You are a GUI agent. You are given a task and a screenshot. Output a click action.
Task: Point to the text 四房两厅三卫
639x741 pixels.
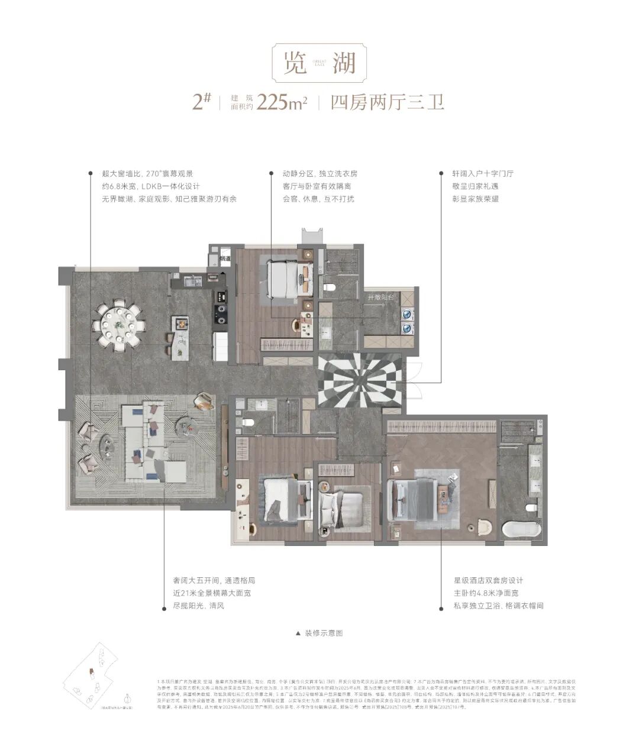(x=388, y=102)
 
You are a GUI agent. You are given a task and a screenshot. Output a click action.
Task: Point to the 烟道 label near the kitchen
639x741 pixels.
(x=225, y=258)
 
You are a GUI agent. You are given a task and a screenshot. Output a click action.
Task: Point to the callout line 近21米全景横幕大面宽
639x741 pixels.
(x=211, y=593)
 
